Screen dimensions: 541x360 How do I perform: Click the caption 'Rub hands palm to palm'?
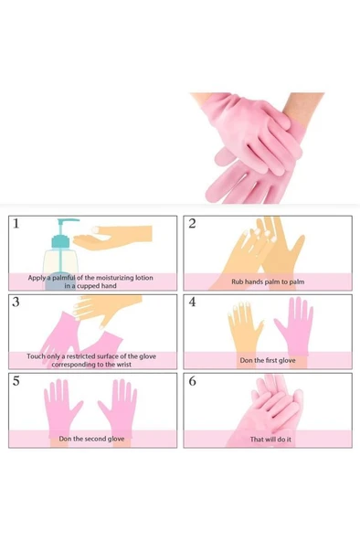[267, 282]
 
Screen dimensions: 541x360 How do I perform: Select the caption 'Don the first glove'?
[267, 360]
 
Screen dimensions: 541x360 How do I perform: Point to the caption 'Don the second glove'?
[91, 439]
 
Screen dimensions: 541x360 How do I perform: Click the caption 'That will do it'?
[267, 439]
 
